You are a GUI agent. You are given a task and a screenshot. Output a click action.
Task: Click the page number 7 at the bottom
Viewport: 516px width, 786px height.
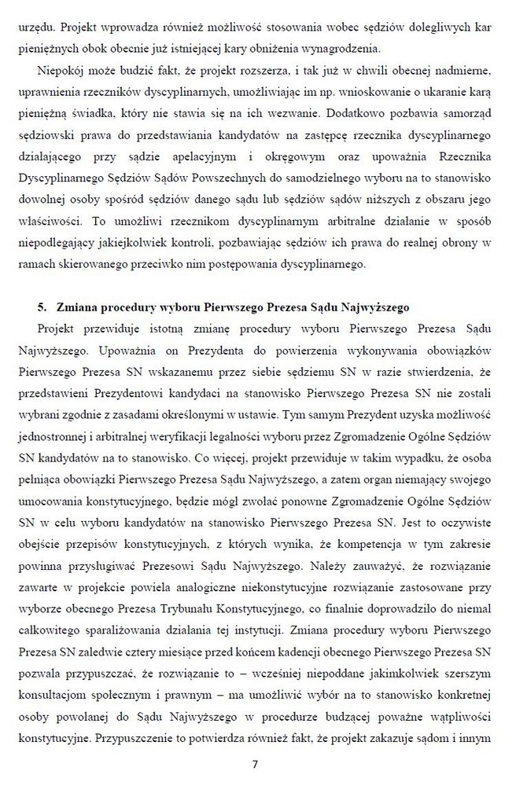[256, 764]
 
